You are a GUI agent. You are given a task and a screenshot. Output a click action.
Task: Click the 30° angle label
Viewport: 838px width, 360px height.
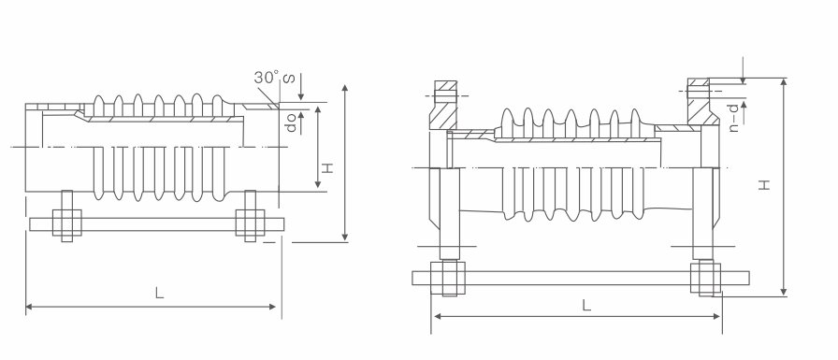point(267,78)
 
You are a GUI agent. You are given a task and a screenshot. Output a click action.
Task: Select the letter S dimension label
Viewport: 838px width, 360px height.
point(288,79)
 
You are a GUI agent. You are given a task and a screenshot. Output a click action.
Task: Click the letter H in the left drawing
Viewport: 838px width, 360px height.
point(327,167)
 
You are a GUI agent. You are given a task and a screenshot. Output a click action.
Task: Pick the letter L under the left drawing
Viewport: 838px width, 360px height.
point(159,293)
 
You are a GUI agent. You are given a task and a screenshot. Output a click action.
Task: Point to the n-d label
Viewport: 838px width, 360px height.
point(735,118)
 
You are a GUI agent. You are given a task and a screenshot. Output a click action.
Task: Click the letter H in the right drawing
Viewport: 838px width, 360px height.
point(765,185)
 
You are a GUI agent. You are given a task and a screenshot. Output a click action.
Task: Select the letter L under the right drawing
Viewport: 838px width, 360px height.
point(586,306)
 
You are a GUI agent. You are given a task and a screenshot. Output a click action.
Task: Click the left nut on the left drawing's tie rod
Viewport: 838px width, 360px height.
point(66,223)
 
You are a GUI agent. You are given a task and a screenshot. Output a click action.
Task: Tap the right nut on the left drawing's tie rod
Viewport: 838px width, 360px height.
point(250,223)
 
